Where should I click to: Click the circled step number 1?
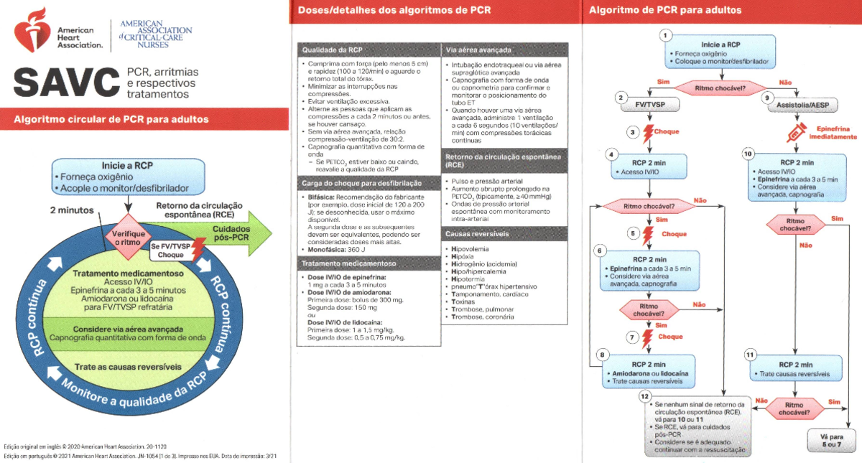666,34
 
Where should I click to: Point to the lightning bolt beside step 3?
648,132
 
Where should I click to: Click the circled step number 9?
767,97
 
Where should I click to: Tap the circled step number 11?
750,355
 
